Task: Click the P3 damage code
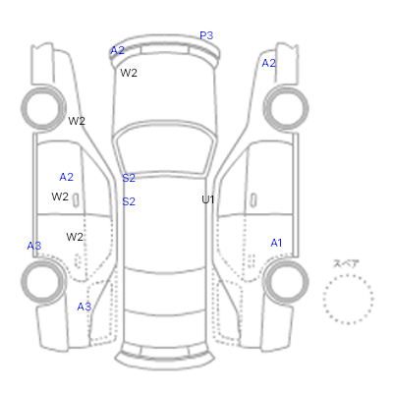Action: coord(206,35)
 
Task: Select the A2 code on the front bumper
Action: coord(118,50)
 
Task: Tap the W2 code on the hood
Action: coord(129,73)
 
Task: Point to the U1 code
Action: coord(208,199)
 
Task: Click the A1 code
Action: coord(276,243)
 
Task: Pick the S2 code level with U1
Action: coord(129,201)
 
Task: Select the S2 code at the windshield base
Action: coord(129,178)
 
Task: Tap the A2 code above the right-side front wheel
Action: coord(269,63)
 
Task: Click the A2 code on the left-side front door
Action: coord(67,177)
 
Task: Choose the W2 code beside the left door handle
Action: coord(60,196)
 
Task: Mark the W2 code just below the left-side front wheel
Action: coord(77,121)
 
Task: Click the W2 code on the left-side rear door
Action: coord(75,237)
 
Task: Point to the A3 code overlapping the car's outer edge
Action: coord(34,246)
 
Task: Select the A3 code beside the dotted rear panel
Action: coord(84,307)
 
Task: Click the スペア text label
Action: coord(346,263)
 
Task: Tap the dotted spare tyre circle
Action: coord(324,299)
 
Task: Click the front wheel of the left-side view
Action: coord(23,108)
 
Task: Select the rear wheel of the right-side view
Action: coord(307,282)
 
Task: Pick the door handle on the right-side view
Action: coord(253,200)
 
